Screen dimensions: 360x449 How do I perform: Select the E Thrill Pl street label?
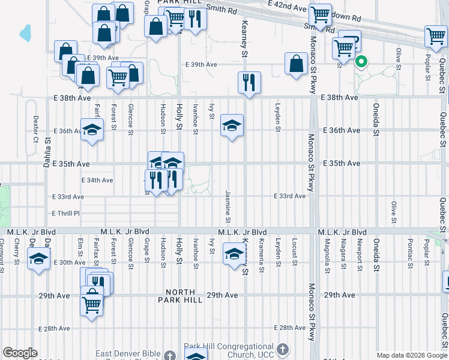click(65, 213)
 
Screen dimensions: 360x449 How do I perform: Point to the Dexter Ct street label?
click(36, 128)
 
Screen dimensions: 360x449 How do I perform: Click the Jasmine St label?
click(228, 206)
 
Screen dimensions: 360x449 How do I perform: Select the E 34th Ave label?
click(97, 180)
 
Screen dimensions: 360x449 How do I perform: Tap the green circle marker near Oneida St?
click(361, 61)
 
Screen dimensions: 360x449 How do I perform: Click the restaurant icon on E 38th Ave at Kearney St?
click(249, 82)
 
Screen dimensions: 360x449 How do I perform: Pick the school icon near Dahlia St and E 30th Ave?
click(39, 259)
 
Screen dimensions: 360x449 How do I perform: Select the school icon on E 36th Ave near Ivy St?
click(232, 125)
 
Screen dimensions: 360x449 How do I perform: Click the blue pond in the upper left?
click(25, 33)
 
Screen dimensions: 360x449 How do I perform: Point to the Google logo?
click(20, 353)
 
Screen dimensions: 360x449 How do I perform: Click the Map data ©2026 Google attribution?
click(411, 355)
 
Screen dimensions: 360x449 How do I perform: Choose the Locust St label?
click(294, 253)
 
